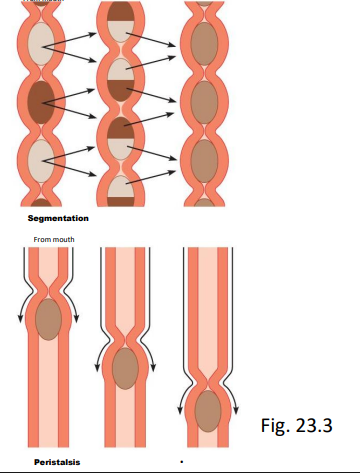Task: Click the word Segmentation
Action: click(x=59, y=217)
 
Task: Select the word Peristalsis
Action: click(x=57, y=462)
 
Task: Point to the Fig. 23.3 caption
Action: click(x=300, y=424)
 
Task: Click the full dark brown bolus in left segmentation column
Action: click(x=42, y=103)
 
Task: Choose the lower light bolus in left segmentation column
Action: click(x=42, y=160)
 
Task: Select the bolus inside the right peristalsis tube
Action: click(x=208, y=410)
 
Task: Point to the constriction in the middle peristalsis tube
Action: click(x=126, y=335)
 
